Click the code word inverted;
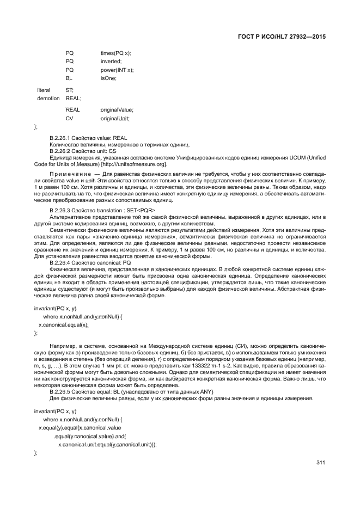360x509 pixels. click(x=111, y=61)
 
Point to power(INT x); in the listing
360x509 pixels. click(x=117, y=70)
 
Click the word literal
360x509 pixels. click(x=44, y=90)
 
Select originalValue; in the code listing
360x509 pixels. click(x=117, y=109)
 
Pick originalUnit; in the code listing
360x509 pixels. click(x=115, y=118)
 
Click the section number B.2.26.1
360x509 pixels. click(x=61, y=138)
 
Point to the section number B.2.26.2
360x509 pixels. click(x=61, y=151)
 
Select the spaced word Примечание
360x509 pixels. click(x=68, y=173)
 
